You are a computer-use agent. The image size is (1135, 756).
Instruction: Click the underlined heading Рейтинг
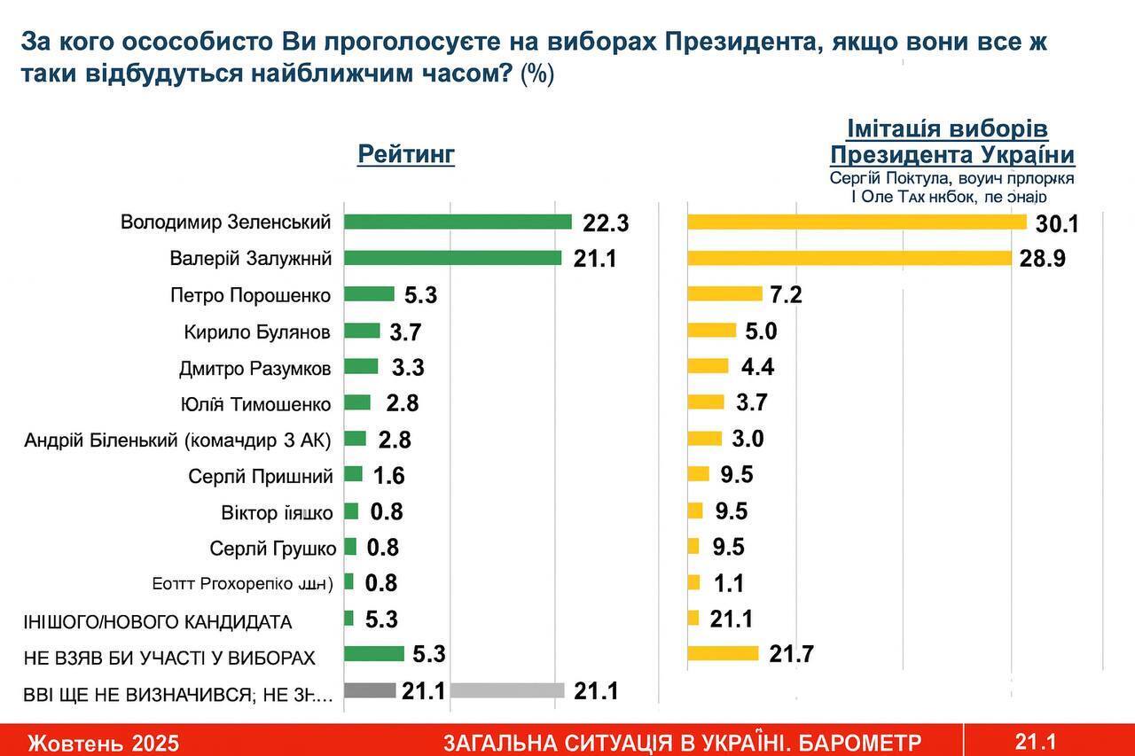406,154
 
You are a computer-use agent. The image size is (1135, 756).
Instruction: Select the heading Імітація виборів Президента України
951,142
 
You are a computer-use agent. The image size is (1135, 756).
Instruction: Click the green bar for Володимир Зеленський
458,222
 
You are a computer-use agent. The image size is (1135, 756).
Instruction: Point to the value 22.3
606,223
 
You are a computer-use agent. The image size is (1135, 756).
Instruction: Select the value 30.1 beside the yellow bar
1057,223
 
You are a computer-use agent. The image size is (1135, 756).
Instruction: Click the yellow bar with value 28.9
849,258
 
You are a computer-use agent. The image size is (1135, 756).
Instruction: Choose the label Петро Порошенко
251,295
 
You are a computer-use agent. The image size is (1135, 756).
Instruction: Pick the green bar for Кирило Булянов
362,331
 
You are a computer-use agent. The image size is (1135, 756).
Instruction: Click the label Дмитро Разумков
254,368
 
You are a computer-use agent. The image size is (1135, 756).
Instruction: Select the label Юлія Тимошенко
255,404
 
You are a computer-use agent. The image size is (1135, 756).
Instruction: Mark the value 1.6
388,476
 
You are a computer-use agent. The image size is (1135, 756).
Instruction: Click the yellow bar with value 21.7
723,654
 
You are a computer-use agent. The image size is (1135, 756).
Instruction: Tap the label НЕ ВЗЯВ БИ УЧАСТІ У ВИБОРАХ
169,658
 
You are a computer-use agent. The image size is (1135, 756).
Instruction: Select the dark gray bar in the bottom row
369,690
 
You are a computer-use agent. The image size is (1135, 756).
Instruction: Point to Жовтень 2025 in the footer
103,742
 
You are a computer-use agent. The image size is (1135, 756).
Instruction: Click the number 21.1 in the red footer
1036,740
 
